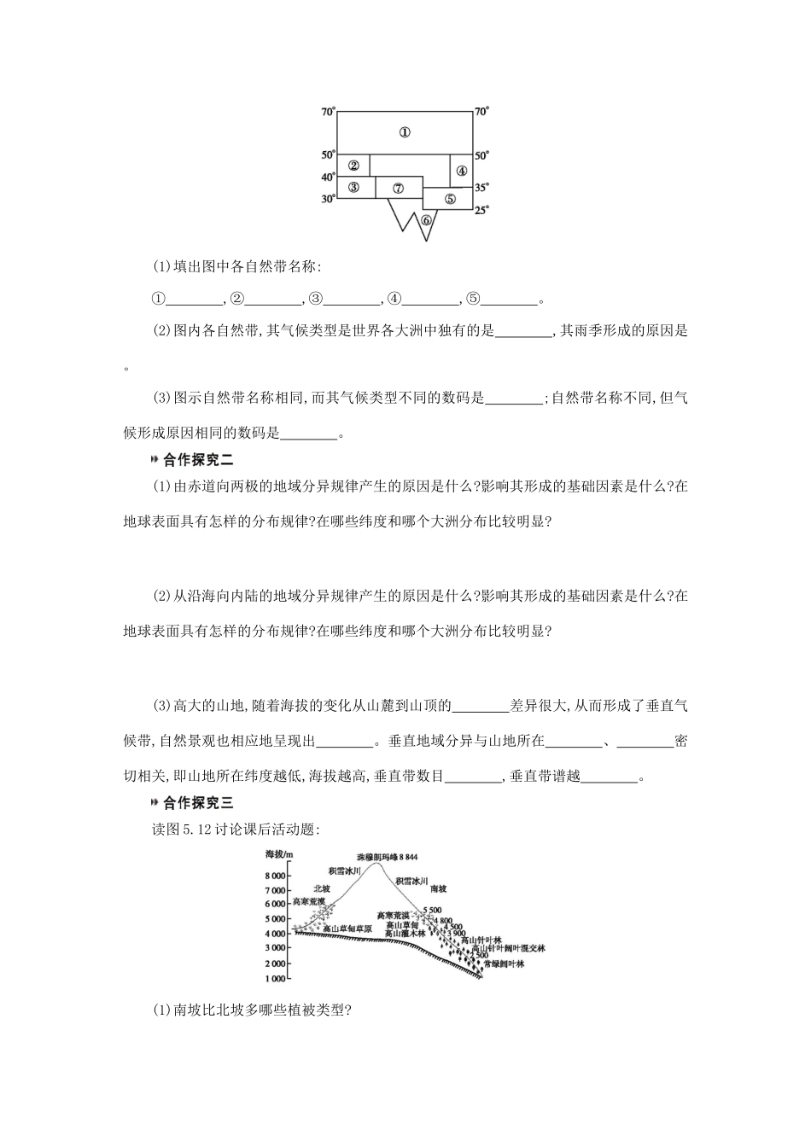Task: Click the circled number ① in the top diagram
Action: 405,132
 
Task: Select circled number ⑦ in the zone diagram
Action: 398,188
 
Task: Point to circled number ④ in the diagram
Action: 462,170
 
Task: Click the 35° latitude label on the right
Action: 482,187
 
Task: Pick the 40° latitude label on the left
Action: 329,177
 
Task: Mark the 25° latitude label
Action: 482,211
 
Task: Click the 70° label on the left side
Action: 329,112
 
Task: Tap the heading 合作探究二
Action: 198,460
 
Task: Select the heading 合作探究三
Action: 198,802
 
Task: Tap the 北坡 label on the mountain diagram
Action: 321,888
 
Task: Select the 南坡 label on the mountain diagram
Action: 438,888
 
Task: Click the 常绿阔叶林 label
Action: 503,964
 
